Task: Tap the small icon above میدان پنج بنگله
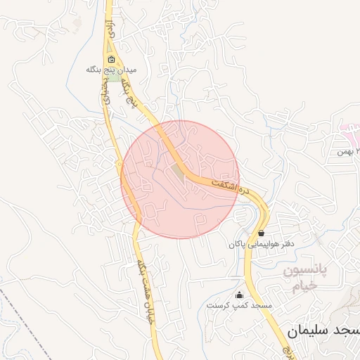(x=111, y=59)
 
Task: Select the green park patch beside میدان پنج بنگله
(x=113, y=77)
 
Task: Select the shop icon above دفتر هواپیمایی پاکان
(x=262, y=232)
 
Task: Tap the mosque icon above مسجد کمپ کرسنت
(x=239, y=295)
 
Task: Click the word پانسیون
(x=306, y=271)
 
